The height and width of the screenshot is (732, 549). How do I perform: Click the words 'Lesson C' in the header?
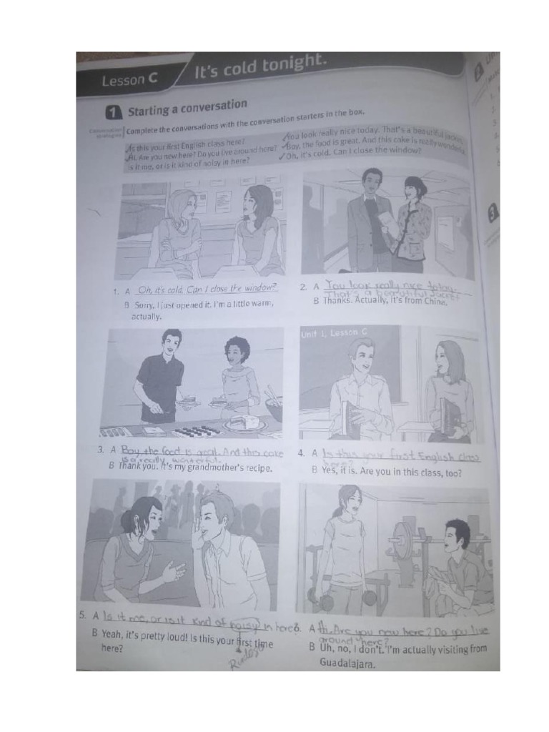[129, 80]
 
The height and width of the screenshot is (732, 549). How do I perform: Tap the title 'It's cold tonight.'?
[260, 69]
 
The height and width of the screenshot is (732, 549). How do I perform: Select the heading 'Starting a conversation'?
[187, 109]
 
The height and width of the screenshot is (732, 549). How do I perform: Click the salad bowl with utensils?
[273, 407]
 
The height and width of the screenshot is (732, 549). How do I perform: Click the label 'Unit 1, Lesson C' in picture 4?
[335, 333]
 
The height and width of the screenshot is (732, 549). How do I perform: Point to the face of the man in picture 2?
[372, 182]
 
